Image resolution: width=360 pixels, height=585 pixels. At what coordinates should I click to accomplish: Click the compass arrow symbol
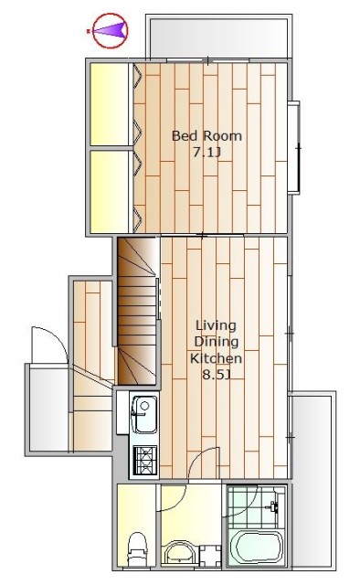coord(110,30)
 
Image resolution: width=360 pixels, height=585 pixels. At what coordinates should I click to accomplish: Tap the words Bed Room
coord(206,135)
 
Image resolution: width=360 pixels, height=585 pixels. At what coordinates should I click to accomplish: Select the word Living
coord(216,325)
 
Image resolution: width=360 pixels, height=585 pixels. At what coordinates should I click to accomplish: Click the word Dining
coord(217,342)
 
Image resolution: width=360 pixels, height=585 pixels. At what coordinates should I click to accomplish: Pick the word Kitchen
coord(216,358)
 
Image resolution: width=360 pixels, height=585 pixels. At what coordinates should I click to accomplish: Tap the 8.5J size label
coord(216,374)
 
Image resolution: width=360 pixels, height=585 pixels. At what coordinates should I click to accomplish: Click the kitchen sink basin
coord(145,414)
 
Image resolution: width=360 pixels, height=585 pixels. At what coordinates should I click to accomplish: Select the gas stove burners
coord(146,461)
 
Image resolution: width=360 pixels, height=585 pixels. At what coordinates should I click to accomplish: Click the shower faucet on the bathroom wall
coord(274,506)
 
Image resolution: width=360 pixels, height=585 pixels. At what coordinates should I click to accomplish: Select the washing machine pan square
coord(210,556)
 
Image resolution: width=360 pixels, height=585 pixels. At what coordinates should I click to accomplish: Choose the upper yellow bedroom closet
coord(110,104)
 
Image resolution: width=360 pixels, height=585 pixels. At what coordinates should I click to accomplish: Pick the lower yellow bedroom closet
coord(110,191)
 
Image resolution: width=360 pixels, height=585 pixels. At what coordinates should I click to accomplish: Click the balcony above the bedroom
coord(218,37)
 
